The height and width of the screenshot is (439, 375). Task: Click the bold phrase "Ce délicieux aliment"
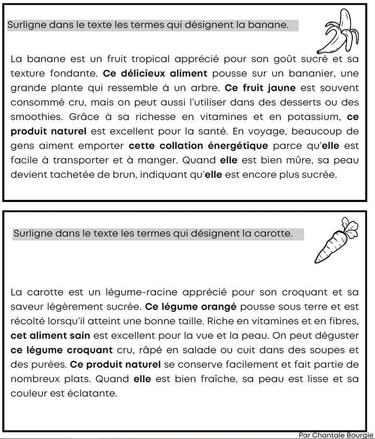155,74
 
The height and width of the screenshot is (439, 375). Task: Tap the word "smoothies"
37,117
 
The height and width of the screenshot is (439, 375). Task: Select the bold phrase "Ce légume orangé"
191,307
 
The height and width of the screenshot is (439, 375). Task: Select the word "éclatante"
95,393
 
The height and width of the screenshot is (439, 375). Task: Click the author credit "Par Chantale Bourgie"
335,435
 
